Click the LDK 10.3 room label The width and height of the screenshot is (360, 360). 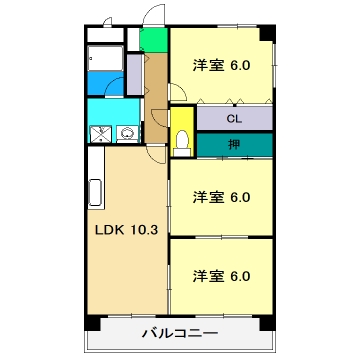(126, 229)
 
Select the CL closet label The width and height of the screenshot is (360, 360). (234, 118)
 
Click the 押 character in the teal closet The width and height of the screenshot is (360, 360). (233, 145)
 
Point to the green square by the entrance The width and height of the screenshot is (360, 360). (153, 42)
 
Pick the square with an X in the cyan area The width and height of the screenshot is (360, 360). (100, 133)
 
